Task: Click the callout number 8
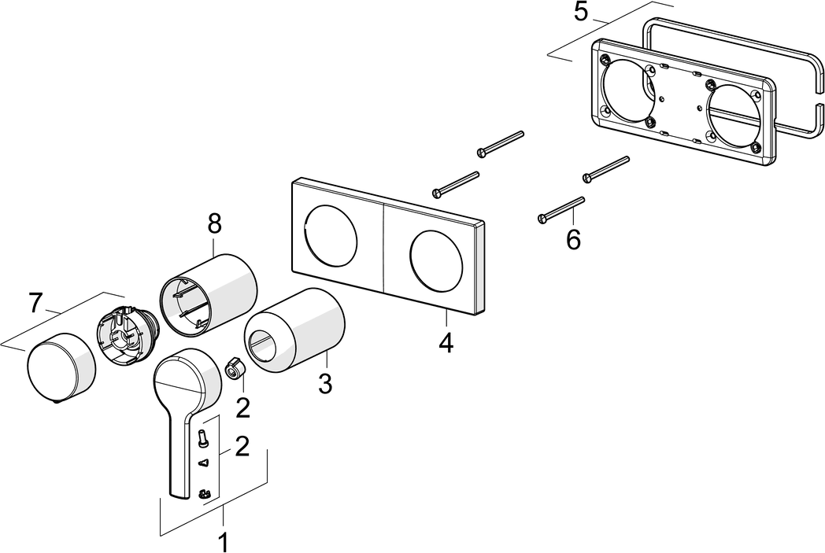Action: coord(214,223)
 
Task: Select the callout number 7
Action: coord(35,303)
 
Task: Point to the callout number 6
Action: coord(573,239)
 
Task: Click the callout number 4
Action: coord(446,343)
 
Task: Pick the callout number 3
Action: coord(325,385)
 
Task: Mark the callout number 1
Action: coord(224,542)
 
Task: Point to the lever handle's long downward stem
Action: coord(178,456)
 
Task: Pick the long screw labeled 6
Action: coord(560,208)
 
